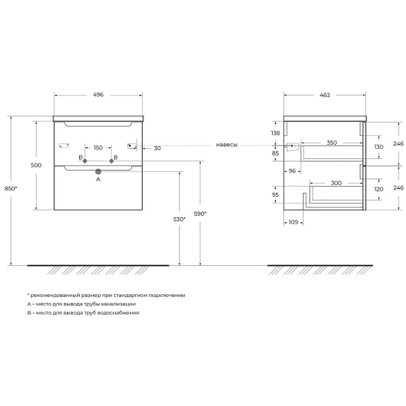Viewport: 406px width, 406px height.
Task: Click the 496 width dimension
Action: coord(98,95)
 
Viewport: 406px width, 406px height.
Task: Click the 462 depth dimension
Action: coord(325,95)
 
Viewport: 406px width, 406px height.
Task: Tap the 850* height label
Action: coord(11,189)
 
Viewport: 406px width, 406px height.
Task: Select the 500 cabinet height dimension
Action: coord(36,165)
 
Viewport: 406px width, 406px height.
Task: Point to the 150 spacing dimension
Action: coord(98,148)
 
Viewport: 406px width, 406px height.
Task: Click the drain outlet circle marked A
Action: coord(98,171)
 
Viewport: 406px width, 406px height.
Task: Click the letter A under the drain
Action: coord(98,179)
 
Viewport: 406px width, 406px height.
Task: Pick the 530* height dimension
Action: coord(179,219)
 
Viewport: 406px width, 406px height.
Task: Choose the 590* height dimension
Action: coord(200,214)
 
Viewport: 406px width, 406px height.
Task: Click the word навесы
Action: coord(227,145)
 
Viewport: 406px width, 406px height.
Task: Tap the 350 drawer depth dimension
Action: coord(332,143)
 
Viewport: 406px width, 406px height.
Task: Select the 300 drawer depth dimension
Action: coord(336,183)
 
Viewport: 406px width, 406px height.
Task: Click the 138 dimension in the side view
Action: coord(275,133)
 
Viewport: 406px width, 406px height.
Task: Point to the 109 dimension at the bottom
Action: coord(294,222)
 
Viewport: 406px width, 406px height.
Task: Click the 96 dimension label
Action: coord(292,171)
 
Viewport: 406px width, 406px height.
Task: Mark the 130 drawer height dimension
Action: coord(378,147)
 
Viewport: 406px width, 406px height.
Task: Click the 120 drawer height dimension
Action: coord(378,189)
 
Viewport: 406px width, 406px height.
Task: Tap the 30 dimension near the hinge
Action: coord(157,148)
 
